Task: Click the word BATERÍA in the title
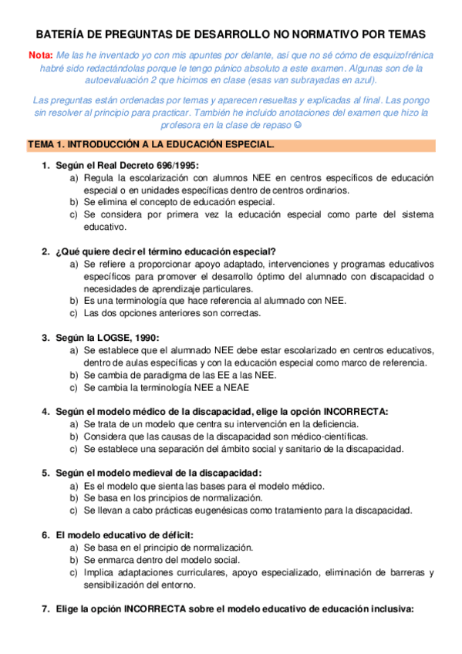click(x=63, y=35)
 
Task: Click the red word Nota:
click(x=40, y=55)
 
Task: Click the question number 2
click(x=46, y=251)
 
